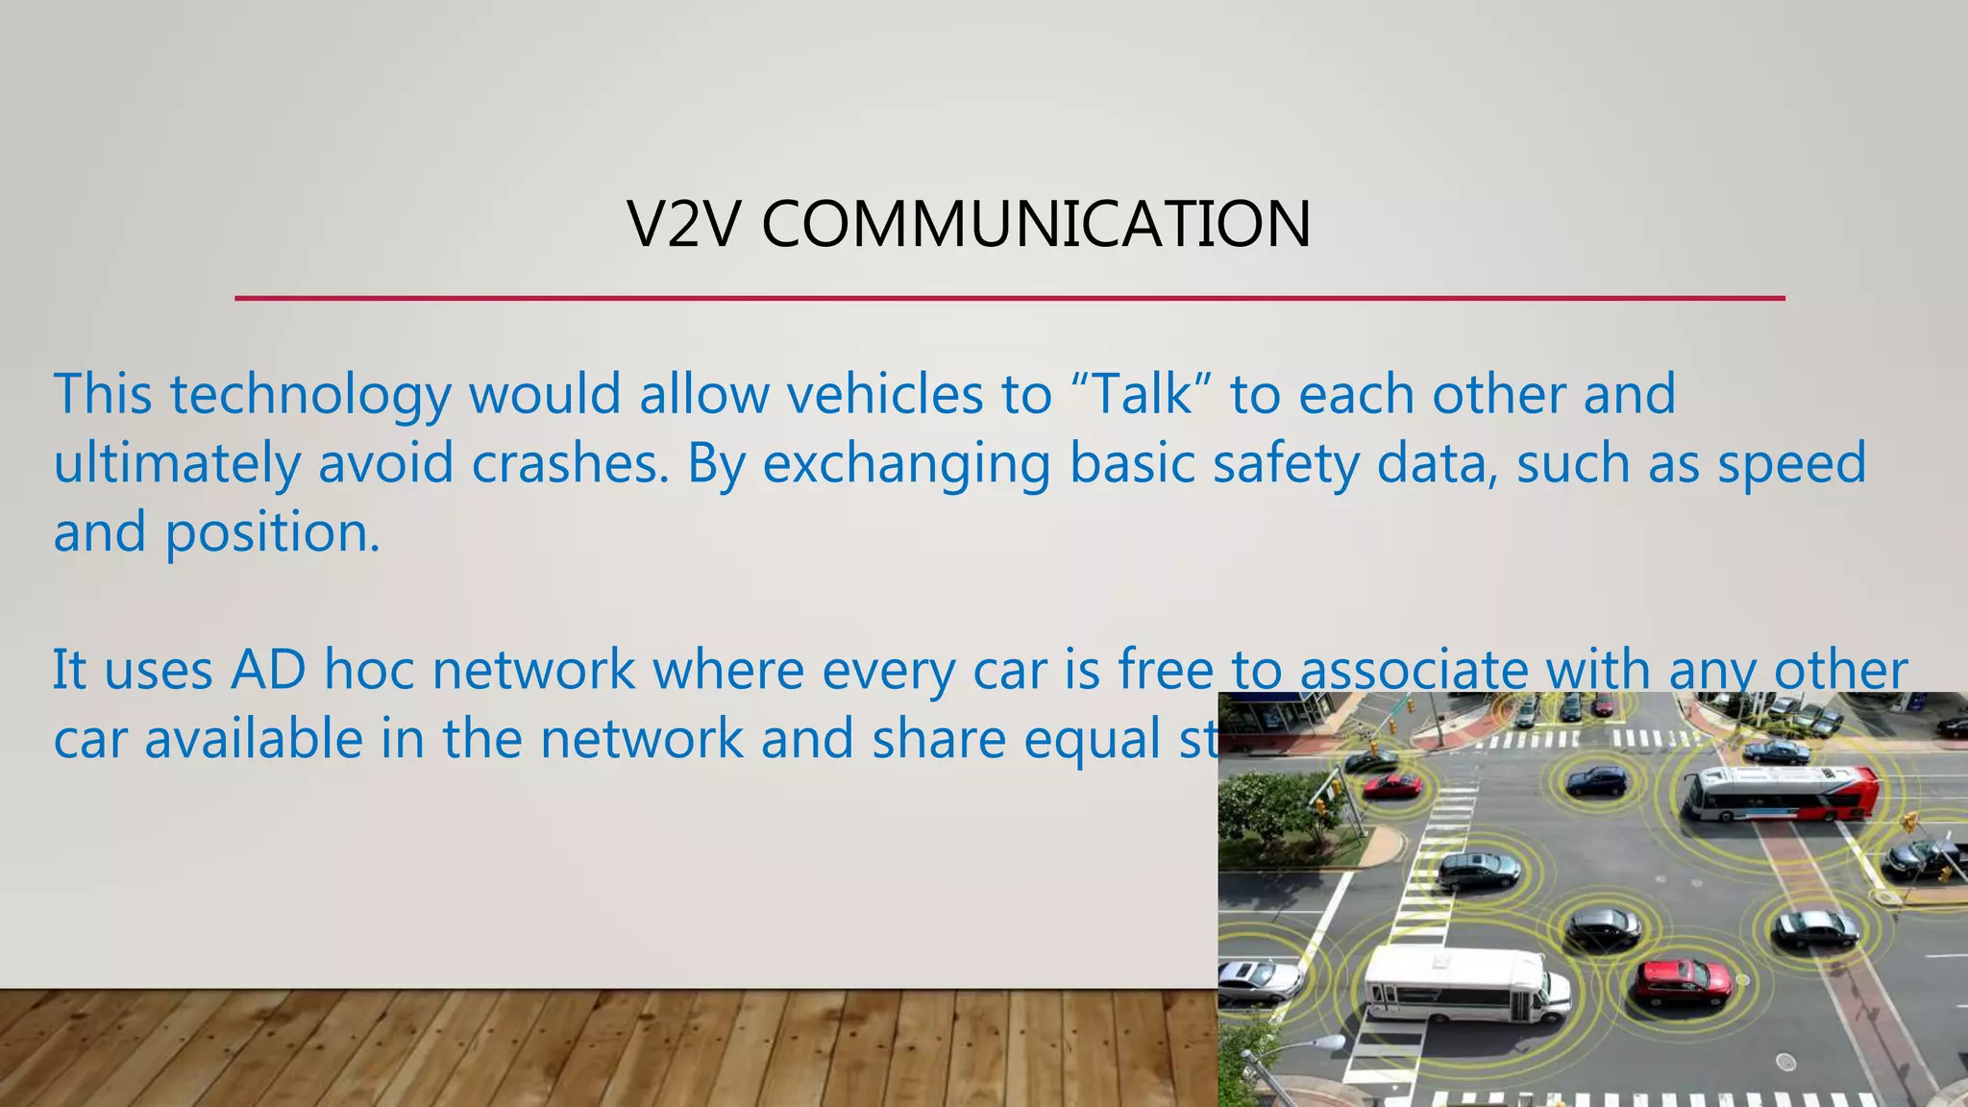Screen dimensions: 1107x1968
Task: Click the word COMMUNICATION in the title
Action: (x=1036, y=224)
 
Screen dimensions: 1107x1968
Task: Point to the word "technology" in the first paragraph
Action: (x=310, y=395)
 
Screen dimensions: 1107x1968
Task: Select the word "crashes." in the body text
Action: (x=570, y=463)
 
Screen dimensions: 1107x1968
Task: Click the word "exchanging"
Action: (x=907, y=465)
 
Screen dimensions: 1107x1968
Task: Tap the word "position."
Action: (x=273, y=533)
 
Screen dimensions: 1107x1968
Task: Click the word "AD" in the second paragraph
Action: (x=268, y=670)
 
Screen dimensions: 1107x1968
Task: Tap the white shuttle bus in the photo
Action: (x=1464, y=983)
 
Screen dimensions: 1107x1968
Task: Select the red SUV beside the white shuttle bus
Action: (x=1682, y=981)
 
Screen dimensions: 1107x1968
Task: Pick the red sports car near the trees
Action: (x=1392, y=786)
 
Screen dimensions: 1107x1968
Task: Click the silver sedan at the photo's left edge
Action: (x=1257, y=979)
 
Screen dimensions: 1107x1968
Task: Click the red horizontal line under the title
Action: (x=1009, y=298)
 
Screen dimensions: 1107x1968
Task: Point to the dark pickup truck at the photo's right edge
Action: (x=1923, y=856)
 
